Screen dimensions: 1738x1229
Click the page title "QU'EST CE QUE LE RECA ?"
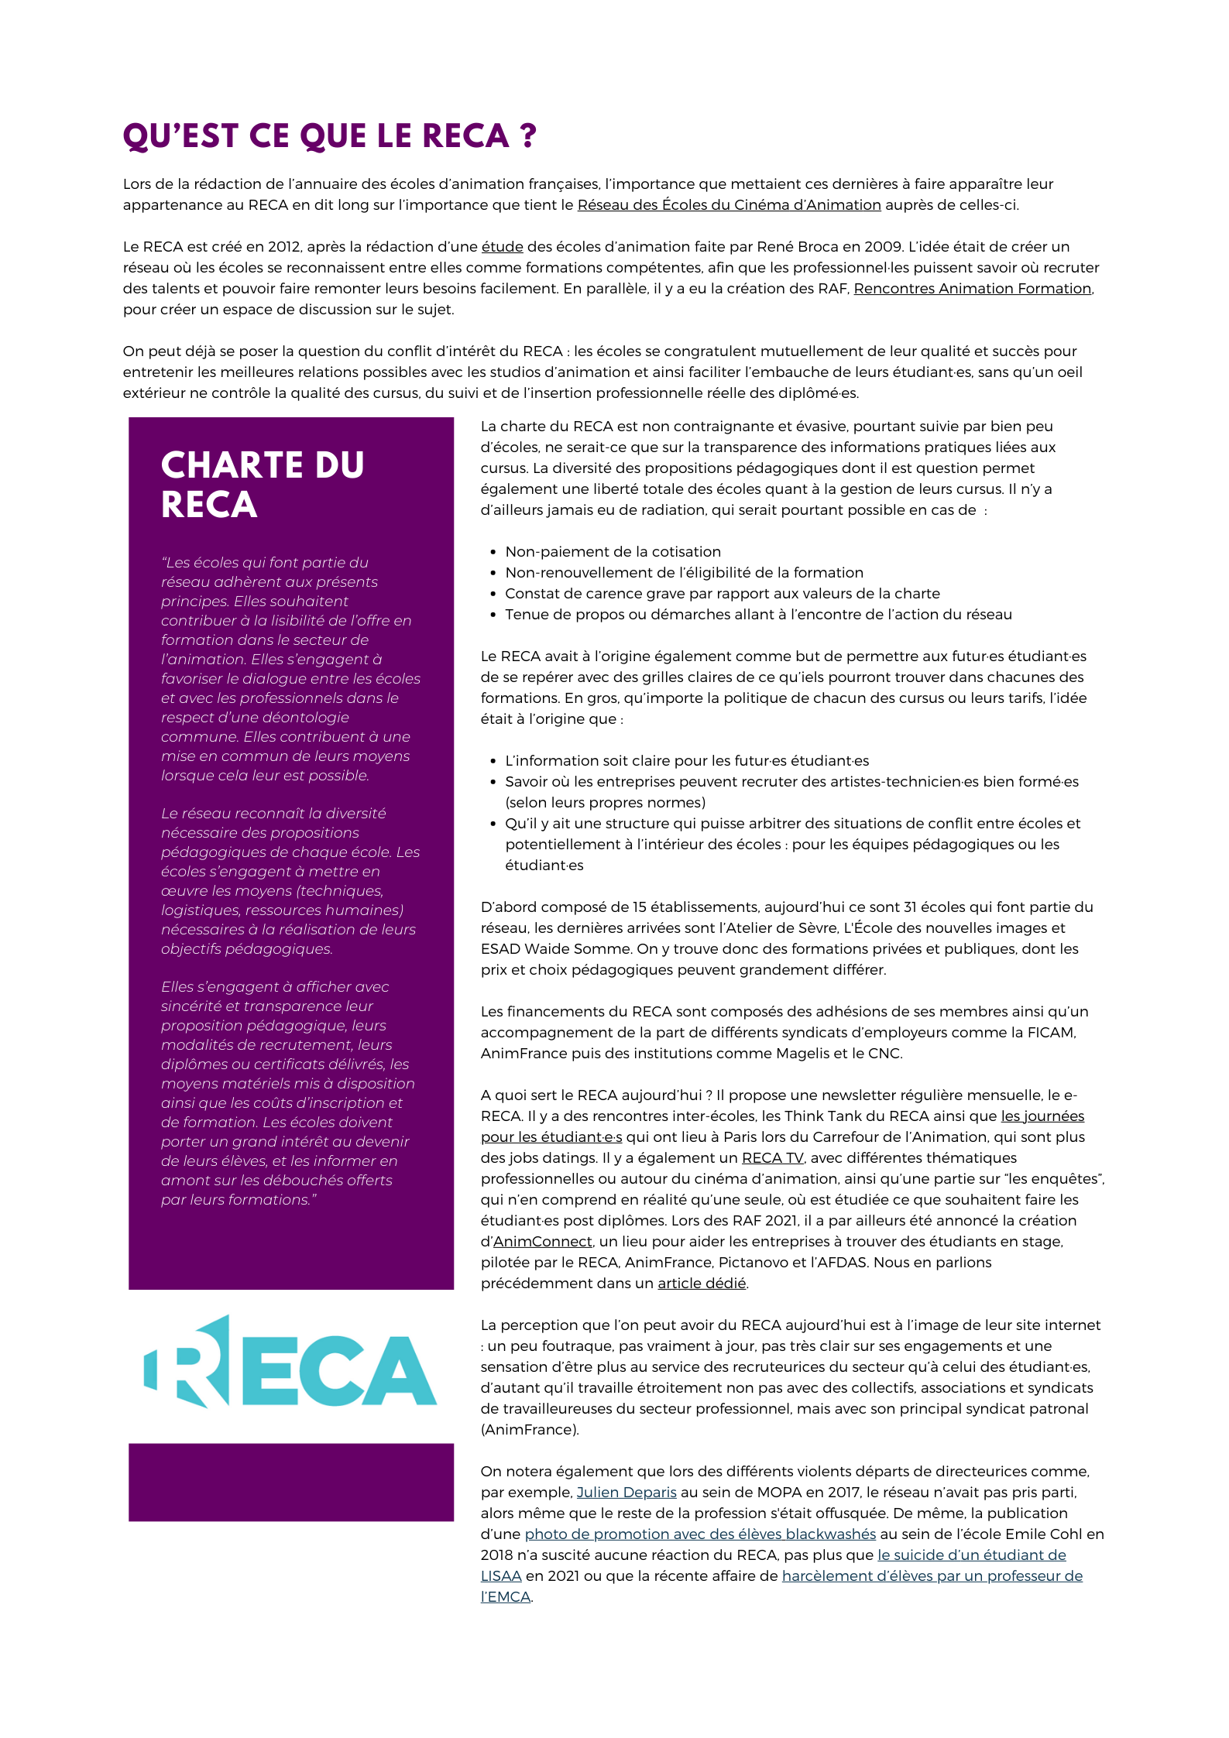(x=329, y=136)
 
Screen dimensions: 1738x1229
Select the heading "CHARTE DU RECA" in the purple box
(x=262, y=485)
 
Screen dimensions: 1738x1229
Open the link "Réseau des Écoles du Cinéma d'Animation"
(x=729, y=205)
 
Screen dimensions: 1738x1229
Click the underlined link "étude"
(x=502, y=247)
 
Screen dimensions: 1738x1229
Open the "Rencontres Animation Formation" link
(x=972, y=289)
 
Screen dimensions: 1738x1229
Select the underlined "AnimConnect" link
(x=542, y=1242)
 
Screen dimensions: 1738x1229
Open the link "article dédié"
(x=702, y=1284)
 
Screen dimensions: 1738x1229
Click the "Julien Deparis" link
(x=627, y=1493)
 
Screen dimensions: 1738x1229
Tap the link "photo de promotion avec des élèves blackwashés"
(x=700, y=1534)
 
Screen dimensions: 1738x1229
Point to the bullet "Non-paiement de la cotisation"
(x=613, y=552)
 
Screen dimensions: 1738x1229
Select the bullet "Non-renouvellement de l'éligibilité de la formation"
(x=684, y=573)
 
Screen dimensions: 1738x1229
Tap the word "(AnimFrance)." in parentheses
(x=530, y=1430)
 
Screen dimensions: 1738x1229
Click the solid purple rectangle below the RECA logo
(x=290, y=1482)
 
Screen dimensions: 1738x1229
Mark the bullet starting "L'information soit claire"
(x=687, y=761)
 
